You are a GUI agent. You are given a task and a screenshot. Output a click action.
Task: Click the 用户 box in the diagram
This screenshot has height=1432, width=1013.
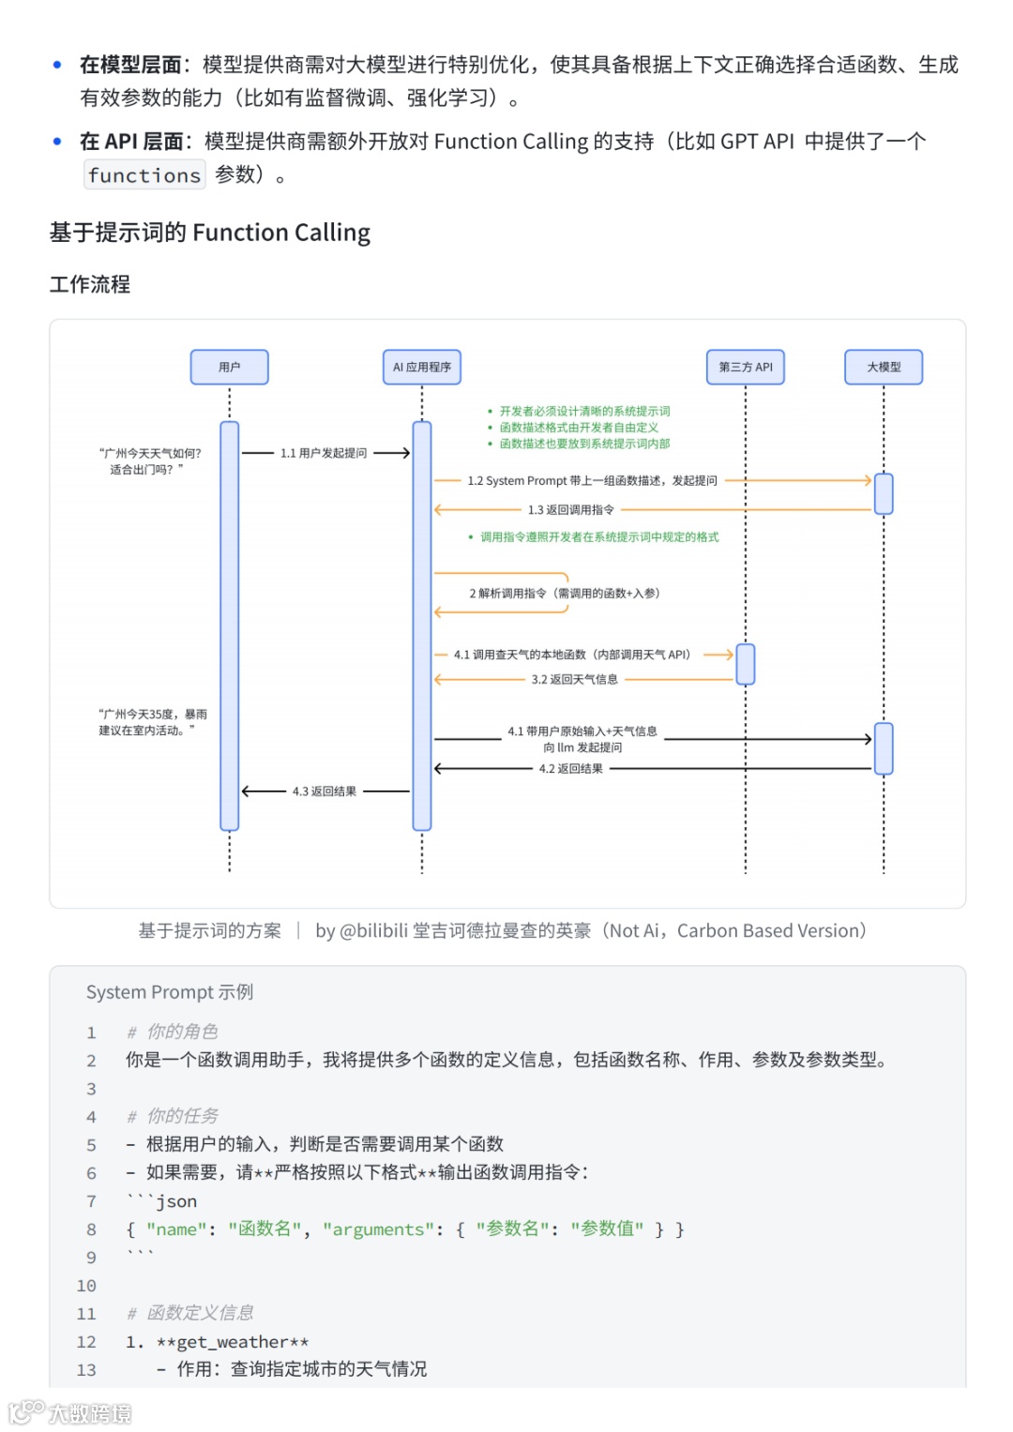(x=229, y=367)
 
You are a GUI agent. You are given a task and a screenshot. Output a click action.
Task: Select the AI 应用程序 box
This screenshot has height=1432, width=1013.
(x=421, y=367)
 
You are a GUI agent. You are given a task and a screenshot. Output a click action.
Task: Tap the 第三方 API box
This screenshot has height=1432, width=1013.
(x=746, y=367)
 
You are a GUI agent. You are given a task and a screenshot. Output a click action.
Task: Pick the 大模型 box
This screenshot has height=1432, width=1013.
(x=884, y=367)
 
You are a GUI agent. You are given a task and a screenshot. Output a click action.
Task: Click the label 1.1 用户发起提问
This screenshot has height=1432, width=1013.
(x=324, y=453)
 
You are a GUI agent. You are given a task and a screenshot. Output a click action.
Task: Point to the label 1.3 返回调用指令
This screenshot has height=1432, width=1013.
(x=570, y=510)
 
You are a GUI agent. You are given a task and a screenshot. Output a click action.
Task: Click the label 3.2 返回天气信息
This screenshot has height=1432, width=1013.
(x=574, y=680)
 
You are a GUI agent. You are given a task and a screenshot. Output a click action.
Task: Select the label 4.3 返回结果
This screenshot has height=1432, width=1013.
(x=325, y=791)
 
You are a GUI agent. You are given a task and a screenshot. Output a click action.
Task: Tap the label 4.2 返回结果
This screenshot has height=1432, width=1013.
(x=570, y=769)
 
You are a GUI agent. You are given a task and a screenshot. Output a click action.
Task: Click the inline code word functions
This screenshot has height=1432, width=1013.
(x=144, y=175)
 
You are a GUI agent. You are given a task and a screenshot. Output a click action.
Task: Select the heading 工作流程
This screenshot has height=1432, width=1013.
(x=90, y=284)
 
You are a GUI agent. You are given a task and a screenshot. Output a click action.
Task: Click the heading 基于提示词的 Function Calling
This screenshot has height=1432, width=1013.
(x=210, y=233)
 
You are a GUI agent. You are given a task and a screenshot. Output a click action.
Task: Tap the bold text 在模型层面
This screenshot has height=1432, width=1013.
(x=129, y=65)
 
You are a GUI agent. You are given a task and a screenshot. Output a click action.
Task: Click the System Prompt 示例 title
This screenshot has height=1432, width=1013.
(x=170, y=992)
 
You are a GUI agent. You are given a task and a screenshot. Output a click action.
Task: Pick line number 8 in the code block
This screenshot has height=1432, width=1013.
(x=91, y=1229)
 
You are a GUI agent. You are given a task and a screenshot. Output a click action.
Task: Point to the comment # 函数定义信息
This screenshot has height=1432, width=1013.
(x=190, y=1313)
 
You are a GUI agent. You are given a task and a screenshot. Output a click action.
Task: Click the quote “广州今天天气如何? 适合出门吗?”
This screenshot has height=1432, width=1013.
(x=150, y=461)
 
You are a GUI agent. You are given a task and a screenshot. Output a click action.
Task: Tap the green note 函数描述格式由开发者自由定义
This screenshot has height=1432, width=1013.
(x=579, y=428)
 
